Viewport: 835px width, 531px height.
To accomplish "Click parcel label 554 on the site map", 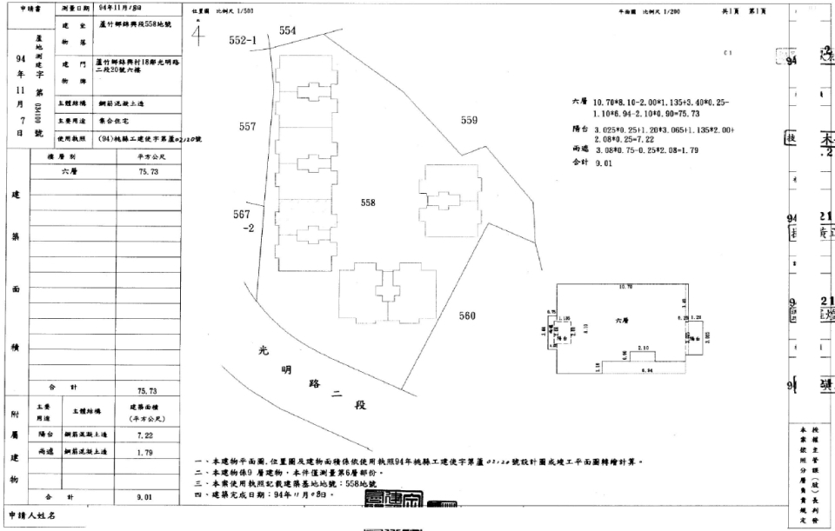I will pos(288,30).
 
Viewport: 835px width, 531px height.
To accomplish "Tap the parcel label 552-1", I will pos(244,41).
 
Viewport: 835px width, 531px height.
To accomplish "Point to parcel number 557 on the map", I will pos(247,127).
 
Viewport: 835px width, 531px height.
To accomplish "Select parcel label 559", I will pos(470,121).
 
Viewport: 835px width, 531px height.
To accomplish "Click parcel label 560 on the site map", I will pos(467,315).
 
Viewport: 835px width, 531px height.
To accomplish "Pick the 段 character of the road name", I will pos(361,407).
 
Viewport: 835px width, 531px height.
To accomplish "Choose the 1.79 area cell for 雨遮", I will pos(138,452).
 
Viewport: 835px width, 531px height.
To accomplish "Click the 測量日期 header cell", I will pos(78,8).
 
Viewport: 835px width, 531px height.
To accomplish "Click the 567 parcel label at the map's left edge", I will pos(242,213).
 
